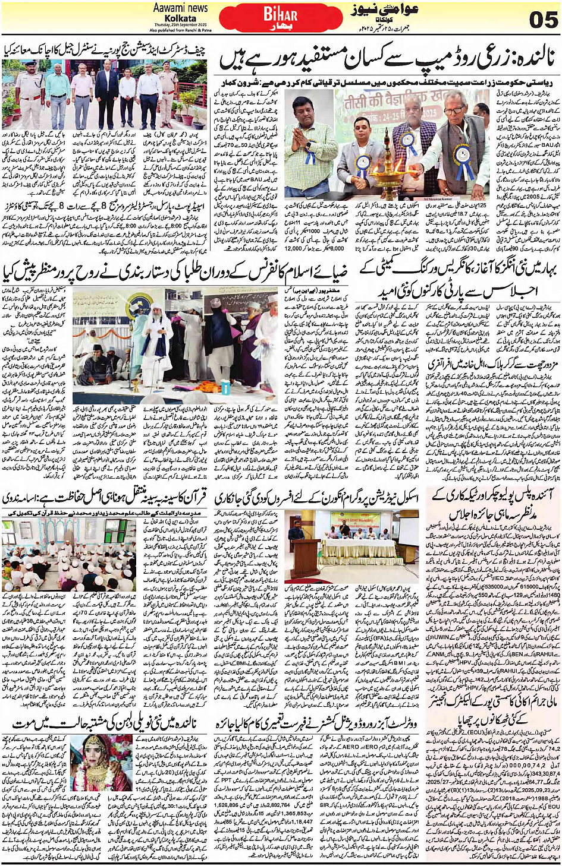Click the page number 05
pos(543,19)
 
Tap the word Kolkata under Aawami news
pos(181,18)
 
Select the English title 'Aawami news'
pos(180,8)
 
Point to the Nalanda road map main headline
pos(387,59)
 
